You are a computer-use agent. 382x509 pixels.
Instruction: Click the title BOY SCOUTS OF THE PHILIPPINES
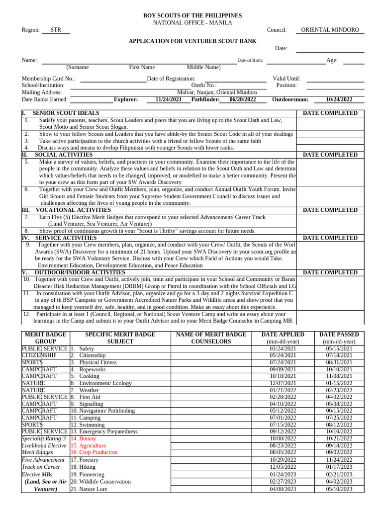(x=192, y=16)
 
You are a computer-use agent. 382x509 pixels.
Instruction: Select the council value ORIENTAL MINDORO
(x=330, y=30)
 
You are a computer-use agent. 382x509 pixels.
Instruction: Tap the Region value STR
(x=56, y=30)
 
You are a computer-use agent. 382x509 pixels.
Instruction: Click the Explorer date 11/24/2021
(x=168, y=99)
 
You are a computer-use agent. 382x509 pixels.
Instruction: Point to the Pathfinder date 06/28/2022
(x=243, y=99)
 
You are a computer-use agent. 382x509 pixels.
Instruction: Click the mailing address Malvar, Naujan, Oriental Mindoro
(x=217, y=92)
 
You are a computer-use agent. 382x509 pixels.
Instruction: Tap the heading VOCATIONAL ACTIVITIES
(x=73, y=210)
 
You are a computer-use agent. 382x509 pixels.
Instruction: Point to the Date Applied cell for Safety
(x=283, y=349)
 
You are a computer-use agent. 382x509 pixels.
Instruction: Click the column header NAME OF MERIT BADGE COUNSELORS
(x=211, y=338)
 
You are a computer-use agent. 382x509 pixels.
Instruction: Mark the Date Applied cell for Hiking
(x=283, y=467)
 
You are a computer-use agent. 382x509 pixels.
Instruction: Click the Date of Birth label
(x=250, y=61)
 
